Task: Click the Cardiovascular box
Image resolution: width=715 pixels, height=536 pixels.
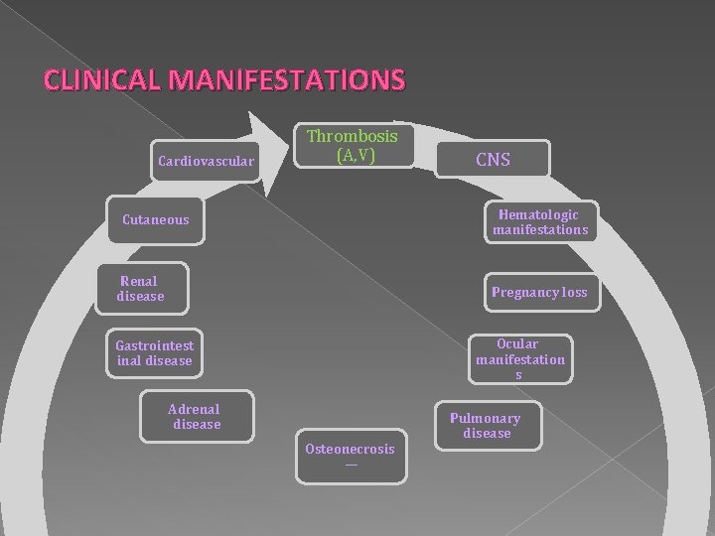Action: (x=207, y=160)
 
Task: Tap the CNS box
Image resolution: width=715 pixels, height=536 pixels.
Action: (x=493, y=158)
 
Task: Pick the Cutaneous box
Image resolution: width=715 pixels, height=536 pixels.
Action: (x=156, y=219)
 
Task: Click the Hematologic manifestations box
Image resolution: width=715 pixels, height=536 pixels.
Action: (x=539, y=222)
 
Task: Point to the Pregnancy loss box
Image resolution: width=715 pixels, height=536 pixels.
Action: (x=539, y=292)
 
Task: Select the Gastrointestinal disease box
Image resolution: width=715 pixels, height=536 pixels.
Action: (x=154, y=353)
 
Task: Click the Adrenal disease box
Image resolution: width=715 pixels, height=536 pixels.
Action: (x=196, y=417)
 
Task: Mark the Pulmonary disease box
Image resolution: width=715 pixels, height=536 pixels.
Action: (x=486, y=426)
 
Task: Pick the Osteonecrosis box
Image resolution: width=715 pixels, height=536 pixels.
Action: (x=350, y=456)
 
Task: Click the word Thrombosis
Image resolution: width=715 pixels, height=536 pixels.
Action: (x=352, y=136)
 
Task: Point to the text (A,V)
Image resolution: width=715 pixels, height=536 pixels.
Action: (x=356, y=155)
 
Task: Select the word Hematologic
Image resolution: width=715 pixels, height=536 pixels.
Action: (x=539, y=214)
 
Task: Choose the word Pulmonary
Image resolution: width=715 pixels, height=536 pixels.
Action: (x=486, y=418)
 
